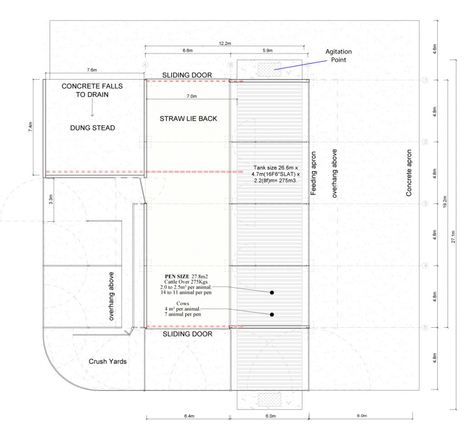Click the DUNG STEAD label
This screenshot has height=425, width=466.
[x=92, y=128]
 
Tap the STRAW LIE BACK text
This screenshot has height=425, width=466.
[x=188, y=119]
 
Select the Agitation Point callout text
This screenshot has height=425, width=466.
[x=339, y=55]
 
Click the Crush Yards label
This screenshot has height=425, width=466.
[x=107, y=361]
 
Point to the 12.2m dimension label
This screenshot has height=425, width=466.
[x=225, y=43]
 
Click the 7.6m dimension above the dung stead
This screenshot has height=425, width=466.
[x=92, y=70]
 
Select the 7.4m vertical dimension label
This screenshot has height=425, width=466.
[x=30, y=127]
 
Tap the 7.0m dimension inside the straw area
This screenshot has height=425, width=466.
[x=192, y=96]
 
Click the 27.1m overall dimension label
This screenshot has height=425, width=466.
[x=453, y=237]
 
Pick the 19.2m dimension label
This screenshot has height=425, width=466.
[x=445, y=201]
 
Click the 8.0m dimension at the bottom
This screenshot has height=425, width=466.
[x=362, y=416]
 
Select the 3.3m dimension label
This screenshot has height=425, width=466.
[x=51, y=199]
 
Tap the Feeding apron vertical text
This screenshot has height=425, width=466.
[x=313, y=173]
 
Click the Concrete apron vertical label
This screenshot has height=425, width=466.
[x=409, y=173]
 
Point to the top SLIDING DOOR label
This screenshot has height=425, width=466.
[x=187, y=75]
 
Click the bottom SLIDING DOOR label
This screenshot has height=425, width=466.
[x=187, y=334]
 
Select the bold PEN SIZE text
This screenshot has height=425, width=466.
[x=177, y=276]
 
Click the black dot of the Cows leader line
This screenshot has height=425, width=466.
[x=272, y=315]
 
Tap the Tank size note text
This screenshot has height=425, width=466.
[x=275, y=174]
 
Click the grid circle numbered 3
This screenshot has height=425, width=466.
[x=425, y=204]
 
